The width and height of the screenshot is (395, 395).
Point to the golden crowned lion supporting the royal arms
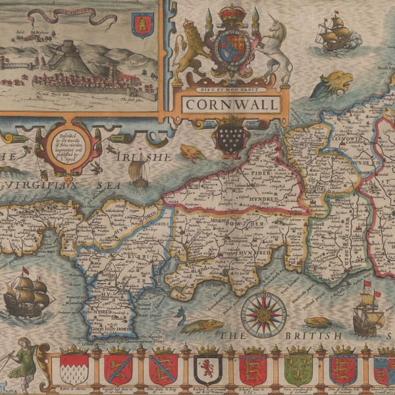192,53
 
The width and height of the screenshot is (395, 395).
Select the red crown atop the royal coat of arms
230,14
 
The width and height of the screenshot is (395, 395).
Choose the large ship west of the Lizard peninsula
27,293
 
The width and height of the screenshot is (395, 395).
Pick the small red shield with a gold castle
142,25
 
